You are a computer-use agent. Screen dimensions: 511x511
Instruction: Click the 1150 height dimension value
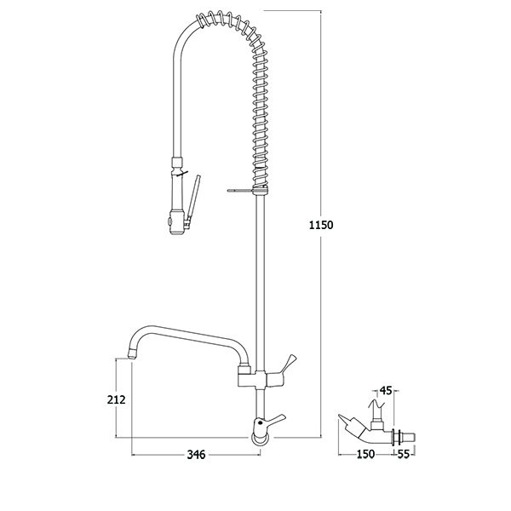click(321, 225)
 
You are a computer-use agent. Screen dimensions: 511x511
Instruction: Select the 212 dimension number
click(117, 399)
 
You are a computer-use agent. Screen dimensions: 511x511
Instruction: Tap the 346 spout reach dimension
click(196, 454)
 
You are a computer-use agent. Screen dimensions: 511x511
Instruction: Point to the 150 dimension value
click(365, 454)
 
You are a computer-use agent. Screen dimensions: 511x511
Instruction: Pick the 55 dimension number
click(403, 454)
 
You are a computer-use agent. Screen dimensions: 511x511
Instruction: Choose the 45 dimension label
click(386, 391)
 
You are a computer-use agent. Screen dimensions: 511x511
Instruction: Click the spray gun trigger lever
click(193, 198)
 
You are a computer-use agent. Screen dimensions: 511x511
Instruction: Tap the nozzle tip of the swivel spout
click(131, 353)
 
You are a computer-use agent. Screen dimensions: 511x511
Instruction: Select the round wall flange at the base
click(261, 439)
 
